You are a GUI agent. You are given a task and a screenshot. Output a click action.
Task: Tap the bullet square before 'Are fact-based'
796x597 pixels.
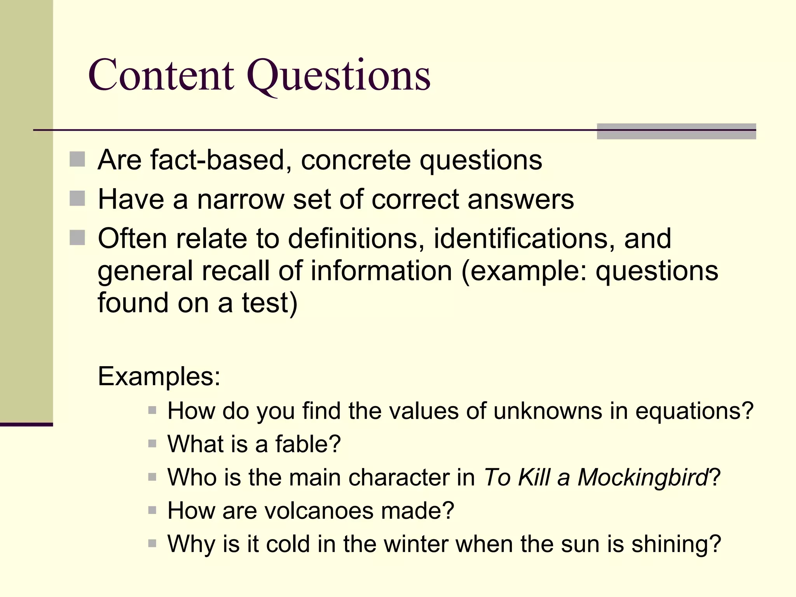77,159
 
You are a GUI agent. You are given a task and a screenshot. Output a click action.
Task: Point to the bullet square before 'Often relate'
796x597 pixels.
77,237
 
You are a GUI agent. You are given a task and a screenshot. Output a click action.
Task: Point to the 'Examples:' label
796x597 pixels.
159,376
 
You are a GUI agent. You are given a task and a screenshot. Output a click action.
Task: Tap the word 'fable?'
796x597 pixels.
308,444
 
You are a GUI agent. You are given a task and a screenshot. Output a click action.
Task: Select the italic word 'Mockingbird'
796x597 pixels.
642,477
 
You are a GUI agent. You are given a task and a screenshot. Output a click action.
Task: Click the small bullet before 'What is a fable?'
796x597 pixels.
152,443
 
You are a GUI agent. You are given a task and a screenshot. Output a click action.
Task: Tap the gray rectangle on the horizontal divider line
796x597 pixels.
676,131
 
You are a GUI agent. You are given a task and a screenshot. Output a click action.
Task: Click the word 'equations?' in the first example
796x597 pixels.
694,411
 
